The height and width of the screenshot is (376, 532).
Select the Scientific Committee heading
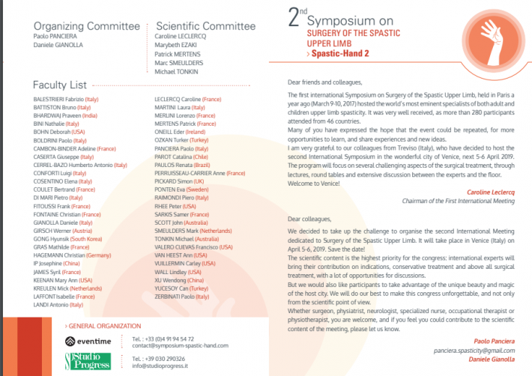coord(205,26)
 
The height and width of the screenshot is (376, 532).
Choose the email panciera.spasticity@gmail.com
coord(476,351)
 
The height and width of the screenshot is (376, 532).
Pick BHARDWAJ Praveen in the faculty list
coord(66,117)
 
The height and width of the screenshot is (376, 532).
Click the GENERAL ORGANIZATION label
coord(103,326)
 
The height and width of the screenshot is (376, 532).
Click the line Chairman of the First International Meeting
coord(469,201)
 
